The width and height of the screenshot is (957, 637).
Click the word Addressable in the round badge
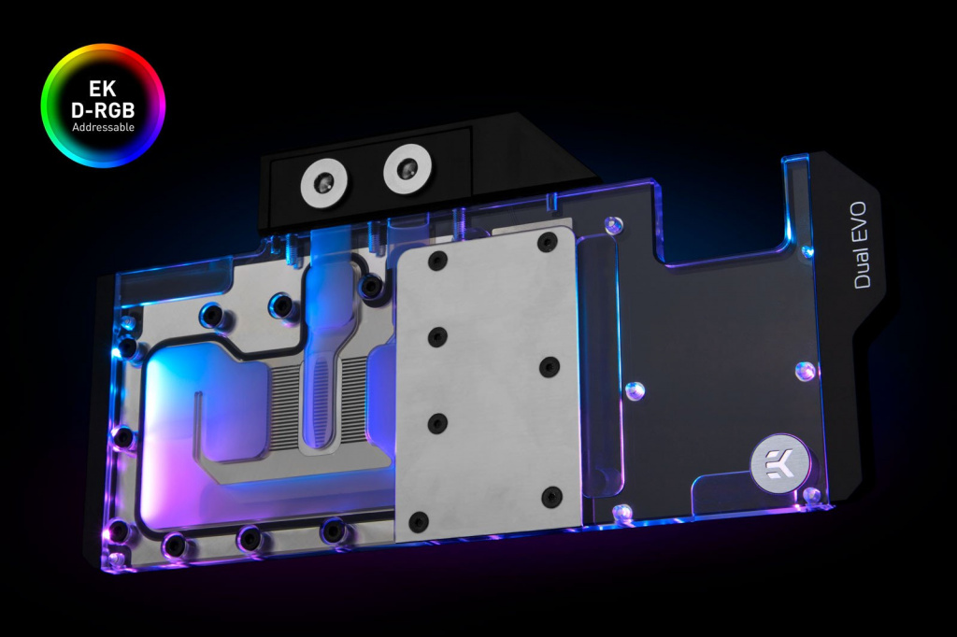click(x=103, y=128)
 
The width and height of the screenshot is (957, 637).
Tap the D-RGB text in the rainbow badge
click(x=103, y=110)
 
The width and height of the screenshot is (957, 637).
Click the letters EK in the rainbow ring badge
click(x=103, y=89)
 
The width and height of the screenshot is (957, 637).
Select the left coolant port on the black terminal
click(x=324, y=182)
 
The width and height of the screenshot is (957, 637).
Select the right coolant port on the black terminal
click(x=407, y=168)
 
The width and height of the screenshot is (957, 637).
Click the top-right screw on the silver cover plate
click(x=547, y=243)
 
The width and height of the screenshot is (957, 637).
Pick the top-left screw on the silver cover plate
click(x=437, y=261)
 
